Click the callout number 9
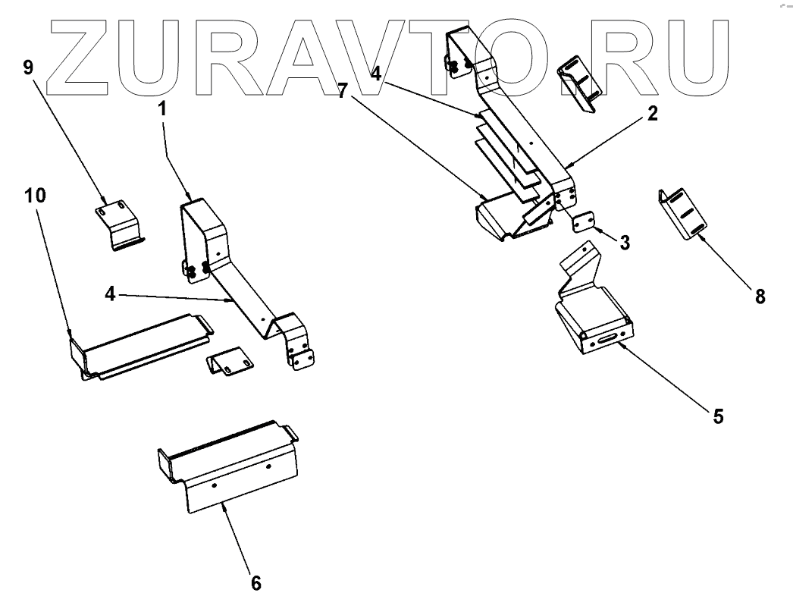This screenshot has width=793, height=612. tap(29, 68)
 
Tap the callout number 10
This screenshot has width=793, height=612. tap(34, 196)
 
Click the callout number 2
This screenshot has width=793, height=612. tap(652, 115)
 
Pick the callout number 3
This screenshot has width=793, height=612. tap(625, 243)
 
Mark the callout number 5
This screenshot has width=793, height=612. tap(717, 416)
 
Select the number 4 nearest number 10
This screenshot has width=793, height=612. tap(111, 293)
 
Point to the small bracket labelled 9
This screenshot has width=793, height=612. tap(118, 222)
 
